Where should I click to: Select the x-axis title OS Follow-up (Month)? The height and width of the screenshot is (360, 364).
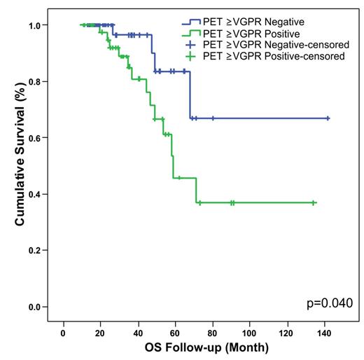pos(202,347)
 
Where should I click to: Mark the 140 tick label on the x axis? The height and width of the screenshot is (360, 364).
pos(324,331)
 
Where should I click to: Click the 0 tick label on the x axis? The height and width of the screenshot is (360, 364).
pos(64,331)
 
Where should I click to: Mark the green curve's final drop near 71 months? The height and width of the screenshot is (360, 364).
pos(196,191)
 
